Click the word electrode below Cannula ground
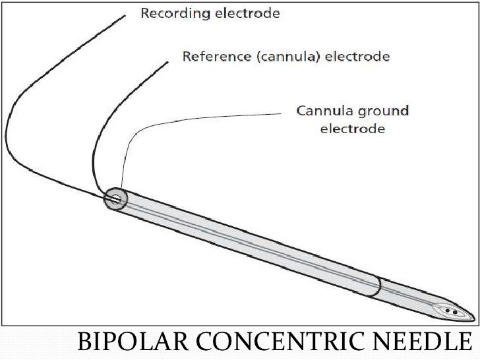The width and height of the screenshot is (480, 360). click(x=353, y=129)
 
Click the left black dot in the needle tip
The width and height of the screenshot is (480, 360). click(x=448, y=310)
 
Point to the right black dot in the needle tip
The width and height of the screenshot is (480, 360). click(x=455, y=312)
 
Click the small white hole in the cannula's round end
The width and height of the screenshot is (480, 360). click(x=116, y=198)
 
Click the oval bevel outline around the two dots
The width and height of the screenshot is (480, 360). click(x=440, y=309)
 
